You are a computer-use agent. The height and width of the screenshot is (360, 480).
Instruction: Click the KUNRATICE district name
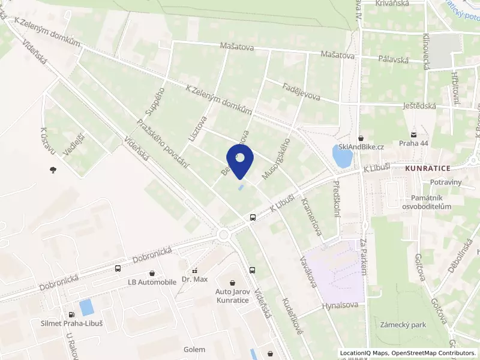click(427, 169)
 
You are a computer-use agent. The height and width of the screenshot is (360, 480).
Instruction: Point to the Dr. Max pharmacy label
click(194, 279)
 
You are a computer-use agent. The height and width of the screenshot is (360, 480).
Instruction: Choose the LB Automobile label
click(152, 281)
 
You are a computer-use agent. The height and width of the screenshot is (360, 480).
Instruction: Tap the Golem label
click(194, 349)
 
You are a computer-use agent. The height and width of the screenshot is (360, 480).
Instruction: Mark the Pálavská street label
click(393, 59)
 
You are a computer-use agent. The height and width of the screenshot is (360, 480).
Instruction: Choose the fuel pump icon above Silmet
click(71, 314)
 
